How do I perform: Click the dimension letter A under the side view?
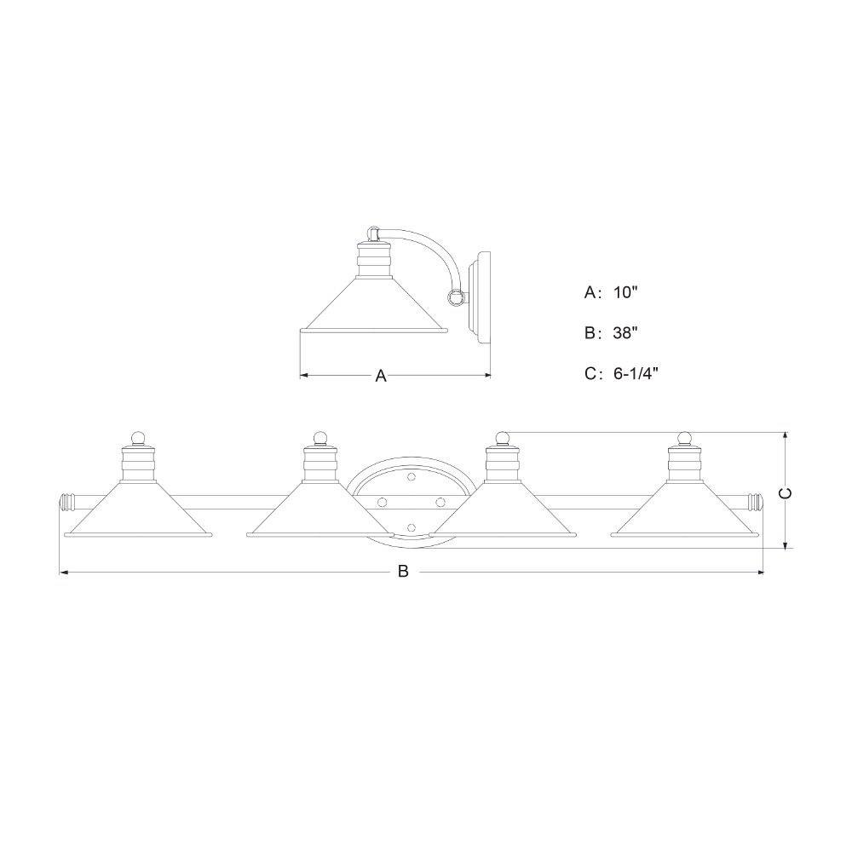(x=381, y=376)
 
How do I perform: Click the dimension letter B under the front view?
(x=403, y=572)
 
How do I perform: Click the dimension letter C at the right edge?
(x=786, y=492)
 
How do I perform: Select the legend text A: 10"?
(x=610, y=292)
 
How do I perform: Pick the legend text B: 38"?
(x=610, y=332)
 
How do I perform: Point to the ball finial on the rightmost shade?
(x=685, y=438)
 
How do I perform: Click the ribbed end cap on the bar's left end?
(x=66, y=503)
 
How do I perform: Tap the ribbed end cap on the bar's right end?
(x=757, y=503)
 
